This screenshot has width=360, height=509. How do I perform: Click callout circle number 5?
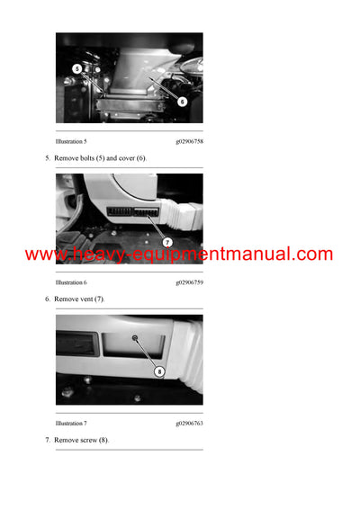coord(76,68)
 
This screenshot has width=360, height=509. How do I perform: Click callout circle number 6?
coord(182,102)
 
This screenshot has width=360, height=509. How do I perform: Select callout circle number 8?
coord(159,371)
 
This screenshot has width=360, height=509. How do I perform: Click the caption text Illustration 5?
coord(71,141)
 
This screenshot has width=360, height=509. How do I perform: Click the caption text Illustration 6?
coord(71,282)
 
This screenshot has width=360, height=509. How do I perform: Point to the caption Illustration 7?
coord(71,423)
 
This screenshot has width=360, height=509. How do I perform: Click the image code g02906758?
coord(189,141)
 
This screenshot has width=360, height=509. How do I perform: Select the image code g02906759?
coord(189,282)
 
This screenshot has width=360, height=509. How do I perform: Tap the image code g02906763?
coord(189,423)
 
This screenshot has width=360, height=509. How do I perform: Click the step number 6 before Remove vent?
coord(48,299)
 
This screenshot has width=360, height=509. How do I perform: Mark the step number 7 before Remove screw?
coord(48,440)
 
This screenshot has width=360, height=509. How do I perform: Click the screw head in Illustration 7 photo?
coord(133,339)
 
